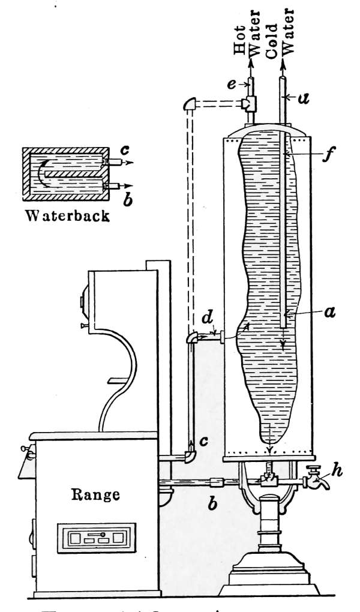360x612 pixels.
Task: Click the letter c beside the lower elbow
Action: [204, 441]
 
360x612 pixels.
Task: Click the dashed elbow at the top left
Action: [189, 106]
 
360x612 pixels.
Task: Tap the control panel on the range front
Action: [94, 536]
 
